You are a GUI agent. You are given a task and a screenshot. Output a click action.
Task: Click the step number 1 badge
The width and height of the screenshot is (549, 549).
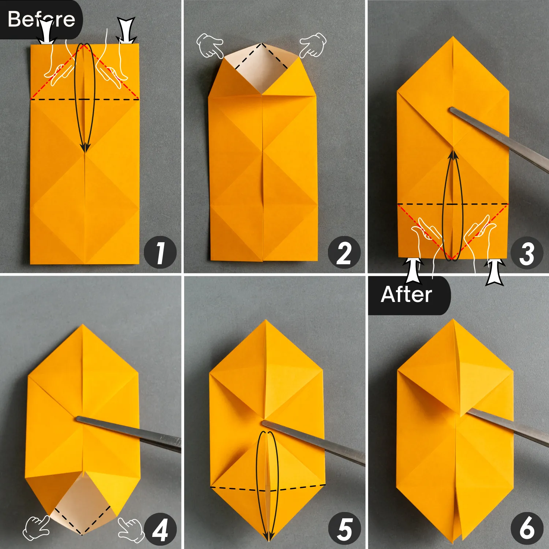[x=160, y=253]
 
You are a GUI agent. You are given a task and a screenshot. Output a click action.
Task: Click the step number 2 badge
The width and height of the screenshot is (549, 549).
[x=344, y=253]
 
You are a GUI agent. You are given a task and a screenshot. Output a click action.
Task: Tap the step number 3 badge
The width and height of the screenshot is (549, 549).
[x=527, y=253]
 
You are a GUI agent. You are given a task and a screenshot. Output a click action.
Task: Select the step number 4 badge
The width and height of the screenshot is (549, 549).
[x=160, y=529]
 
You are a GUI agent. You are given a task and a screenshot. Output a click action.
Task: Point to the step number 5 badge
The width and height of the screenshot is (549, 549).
[x=344, y=529]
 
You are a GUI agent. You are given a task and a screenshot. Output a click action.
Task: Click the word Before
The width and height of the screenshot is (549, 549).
[x=41, y=19]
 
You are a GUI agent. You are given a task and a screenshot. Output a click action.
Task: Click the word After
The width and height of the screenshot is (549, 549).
[x=406, y=295]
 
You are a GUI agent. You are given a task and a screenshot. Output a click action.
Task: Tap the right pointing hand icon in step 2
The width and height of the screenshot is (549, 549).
[x=313, y=45]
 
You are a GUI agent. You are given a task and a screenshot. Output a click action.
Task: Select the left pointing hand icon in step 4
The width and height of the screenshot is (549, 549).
[x=37, y=528]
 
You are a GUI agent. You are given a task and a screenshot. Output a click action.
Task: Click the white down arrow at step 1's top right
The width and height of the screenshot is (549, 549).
[x=126, y=30]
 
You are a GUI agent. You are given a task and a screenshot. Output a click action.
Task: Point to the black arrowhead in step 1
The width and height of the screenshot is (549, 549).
[x=85, y=147]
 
